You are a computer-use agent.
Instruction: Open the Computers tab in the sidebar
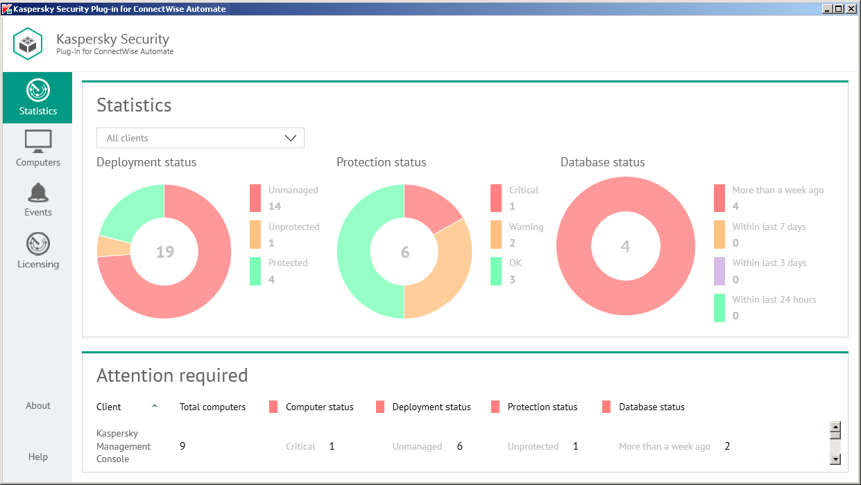37,148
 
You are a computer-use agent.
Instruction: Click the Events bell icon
37,193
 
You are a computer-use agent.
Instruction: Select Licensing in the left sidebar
37,251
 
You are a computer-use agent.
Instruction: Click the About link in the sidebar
38,405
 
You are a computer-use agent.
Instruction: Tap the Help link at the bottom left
38,457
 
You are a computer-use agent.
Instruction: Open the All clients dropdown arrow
291,138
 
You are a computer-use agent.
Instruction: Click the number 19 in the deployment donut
164,252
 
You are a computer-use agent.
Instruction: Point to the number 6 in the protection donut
405,252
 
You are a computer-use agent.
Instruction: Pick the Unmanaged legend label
293,190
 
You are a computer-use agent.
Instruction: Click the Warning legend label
526,227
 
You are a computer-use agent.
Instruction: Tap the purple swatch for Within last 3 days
719,271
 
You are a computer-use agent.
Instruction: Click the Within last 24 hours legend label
774,299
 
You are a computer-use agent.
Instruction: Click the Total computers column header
212,407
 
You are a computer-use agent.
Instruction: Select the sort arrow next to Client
155,407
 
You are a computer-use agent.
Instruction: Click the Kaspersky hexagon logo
28,44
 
